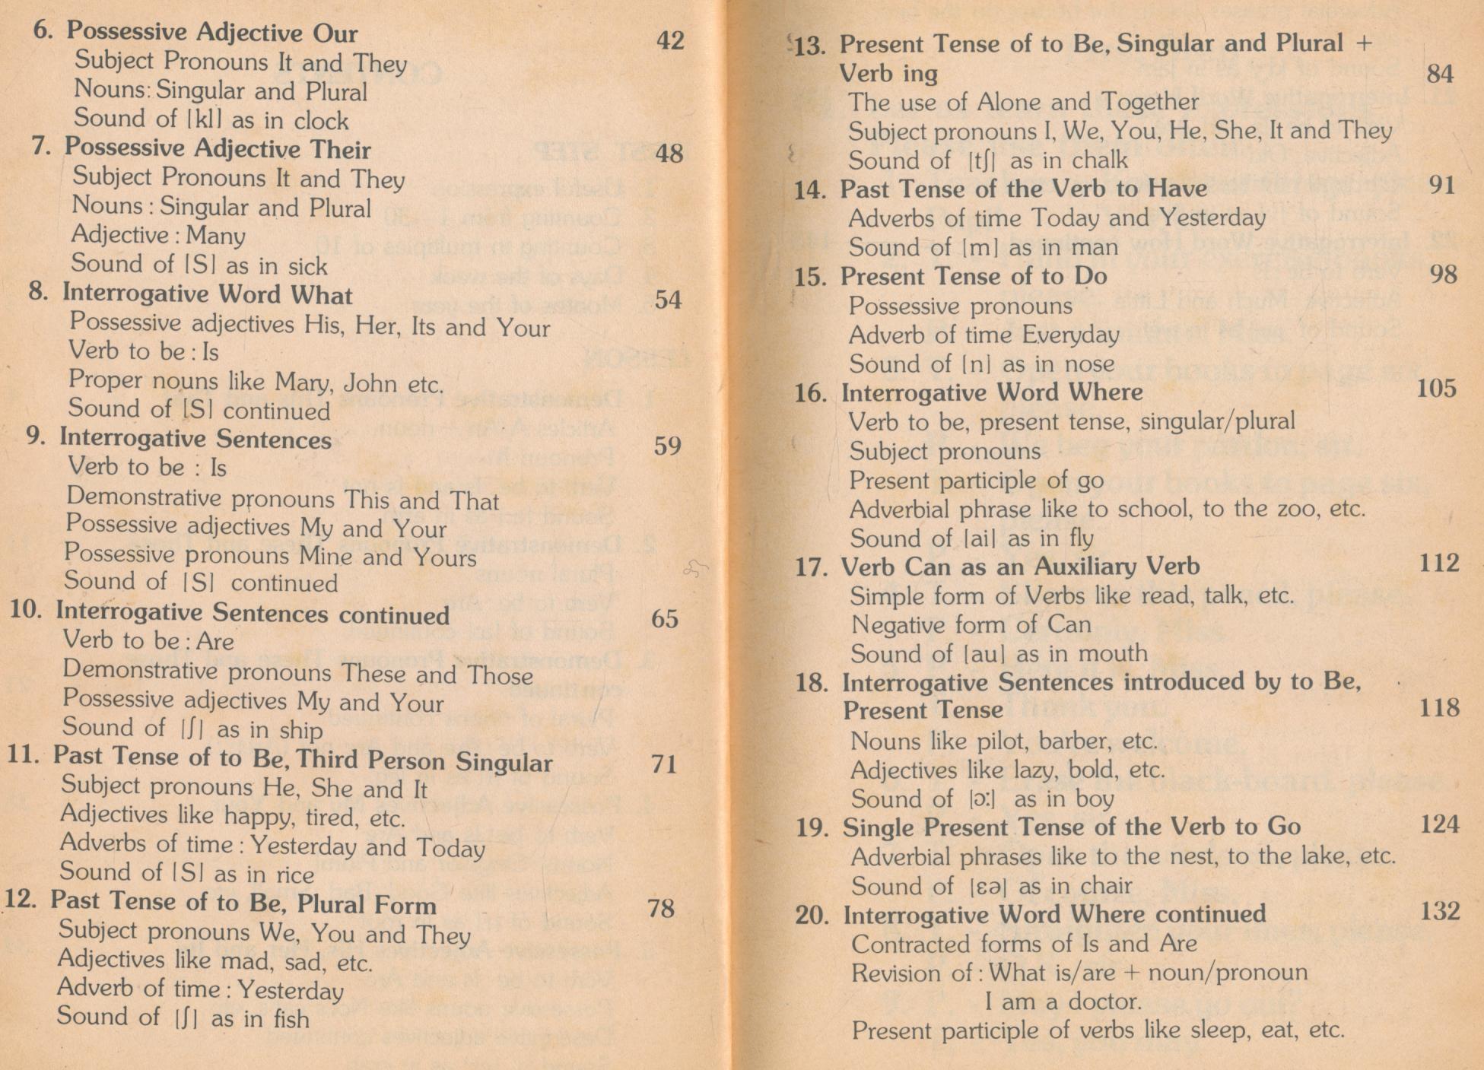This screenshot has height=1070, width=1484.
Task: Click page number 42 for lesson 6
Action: [x=670, y=40]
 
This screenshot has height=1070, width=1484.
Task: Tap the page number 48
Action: [x=669, y=154]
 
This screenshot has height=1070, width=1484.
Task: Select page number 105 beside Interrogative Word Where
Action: [x=1437, y=389]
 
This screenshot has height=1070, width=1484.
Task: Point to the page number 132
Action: [x=1440, y=911]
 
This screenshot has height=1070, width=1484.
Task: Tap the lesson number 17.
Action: [x=811, y=567]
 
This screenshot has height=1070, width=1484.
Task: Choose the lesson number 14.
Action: [x=810, y=189]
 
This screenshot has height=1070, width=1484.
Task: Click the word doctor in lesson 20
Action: [x=1105, y=1002]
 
